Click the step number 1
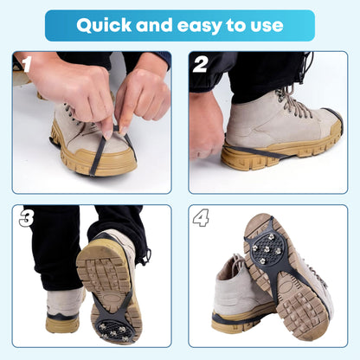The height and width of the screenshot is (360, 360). coord(26,65)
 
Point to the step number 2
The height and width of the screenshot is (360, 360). coord(201,65)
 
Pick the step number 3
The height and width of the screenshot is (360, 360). coord(26,218)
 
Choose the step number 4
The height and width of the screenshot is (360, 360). coord(201,218)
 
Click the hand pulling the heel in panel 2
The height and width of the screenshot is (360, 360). coord(208,130)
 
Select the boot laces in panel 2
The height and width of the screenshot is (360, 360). coord(294,104)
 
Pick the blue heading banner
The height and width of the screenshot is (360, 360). coord(179,25)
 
